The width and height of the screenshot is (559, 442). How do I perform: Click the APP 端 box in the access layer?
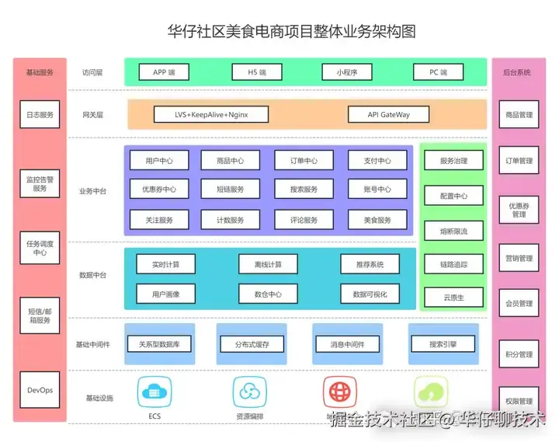(x=164, y=72)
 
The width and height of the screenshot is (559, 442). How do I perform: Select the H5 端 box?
(x=256, y=72)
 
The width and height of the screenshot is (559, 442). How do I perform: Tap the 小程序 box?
(x=346, y=72)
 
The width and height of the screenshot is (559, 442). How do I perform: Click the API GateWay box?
(x=388, y=115)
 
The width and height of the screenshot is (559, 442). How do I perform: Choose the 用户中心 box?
(x=158, y=162)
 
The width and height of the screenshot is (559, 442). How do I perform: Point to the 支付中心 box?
(x=377, y=162)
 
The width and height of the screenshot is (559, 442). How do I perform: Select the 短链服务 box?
(x=230, y=190)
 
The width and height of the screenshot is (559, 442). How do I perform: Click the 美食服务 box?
(x=377, y=220)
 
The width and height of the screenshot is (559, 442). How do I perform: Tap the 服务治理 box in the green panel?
(x=453, y=162)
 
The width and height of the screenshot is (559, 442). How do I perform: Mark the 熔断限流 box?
(x=453, y=231)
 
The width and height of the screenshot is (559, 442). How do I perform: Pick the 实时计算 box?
(x=165, y=265)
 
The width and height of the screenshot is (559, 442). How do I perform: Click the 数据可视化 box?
(x=370, y=294)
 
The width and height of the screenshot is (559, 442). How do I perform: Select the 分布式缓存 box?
(x=253, y=344)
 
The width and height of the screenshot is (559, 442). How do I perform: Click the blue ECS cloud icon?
(x=155, y=392)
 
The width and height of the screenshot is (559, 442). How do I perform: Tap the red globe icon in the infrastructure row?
(x=339, y=392)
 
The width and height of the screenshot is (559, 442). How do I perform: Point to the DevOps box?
(x=40, y=390)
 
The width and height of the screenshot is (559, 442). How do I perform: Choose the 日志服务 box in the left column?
(x=40, y=115)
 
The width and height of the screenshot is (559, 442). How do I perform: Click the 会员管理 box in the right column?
(x=519, y=304)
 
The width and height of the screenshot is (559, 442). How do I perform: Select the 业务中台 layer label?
(x=92, y=191)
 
